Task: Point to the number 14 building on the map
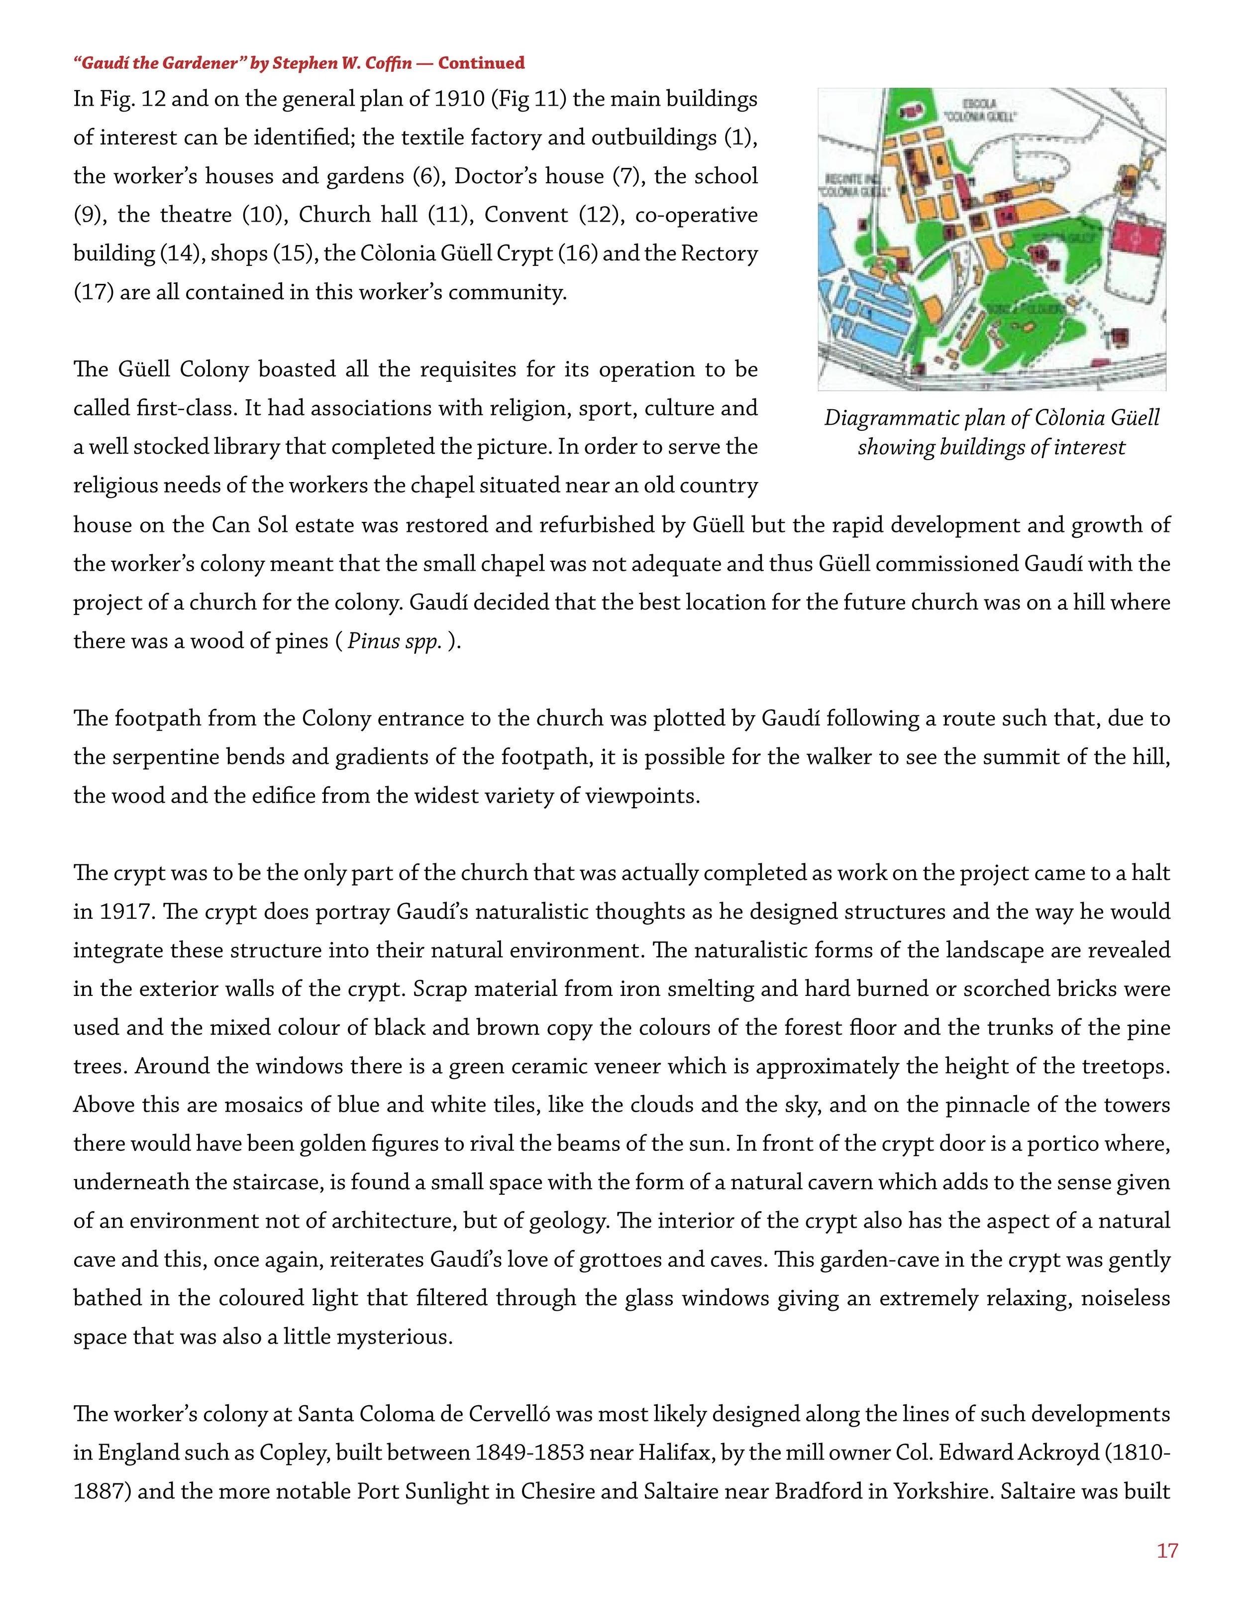[1007, 217]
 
